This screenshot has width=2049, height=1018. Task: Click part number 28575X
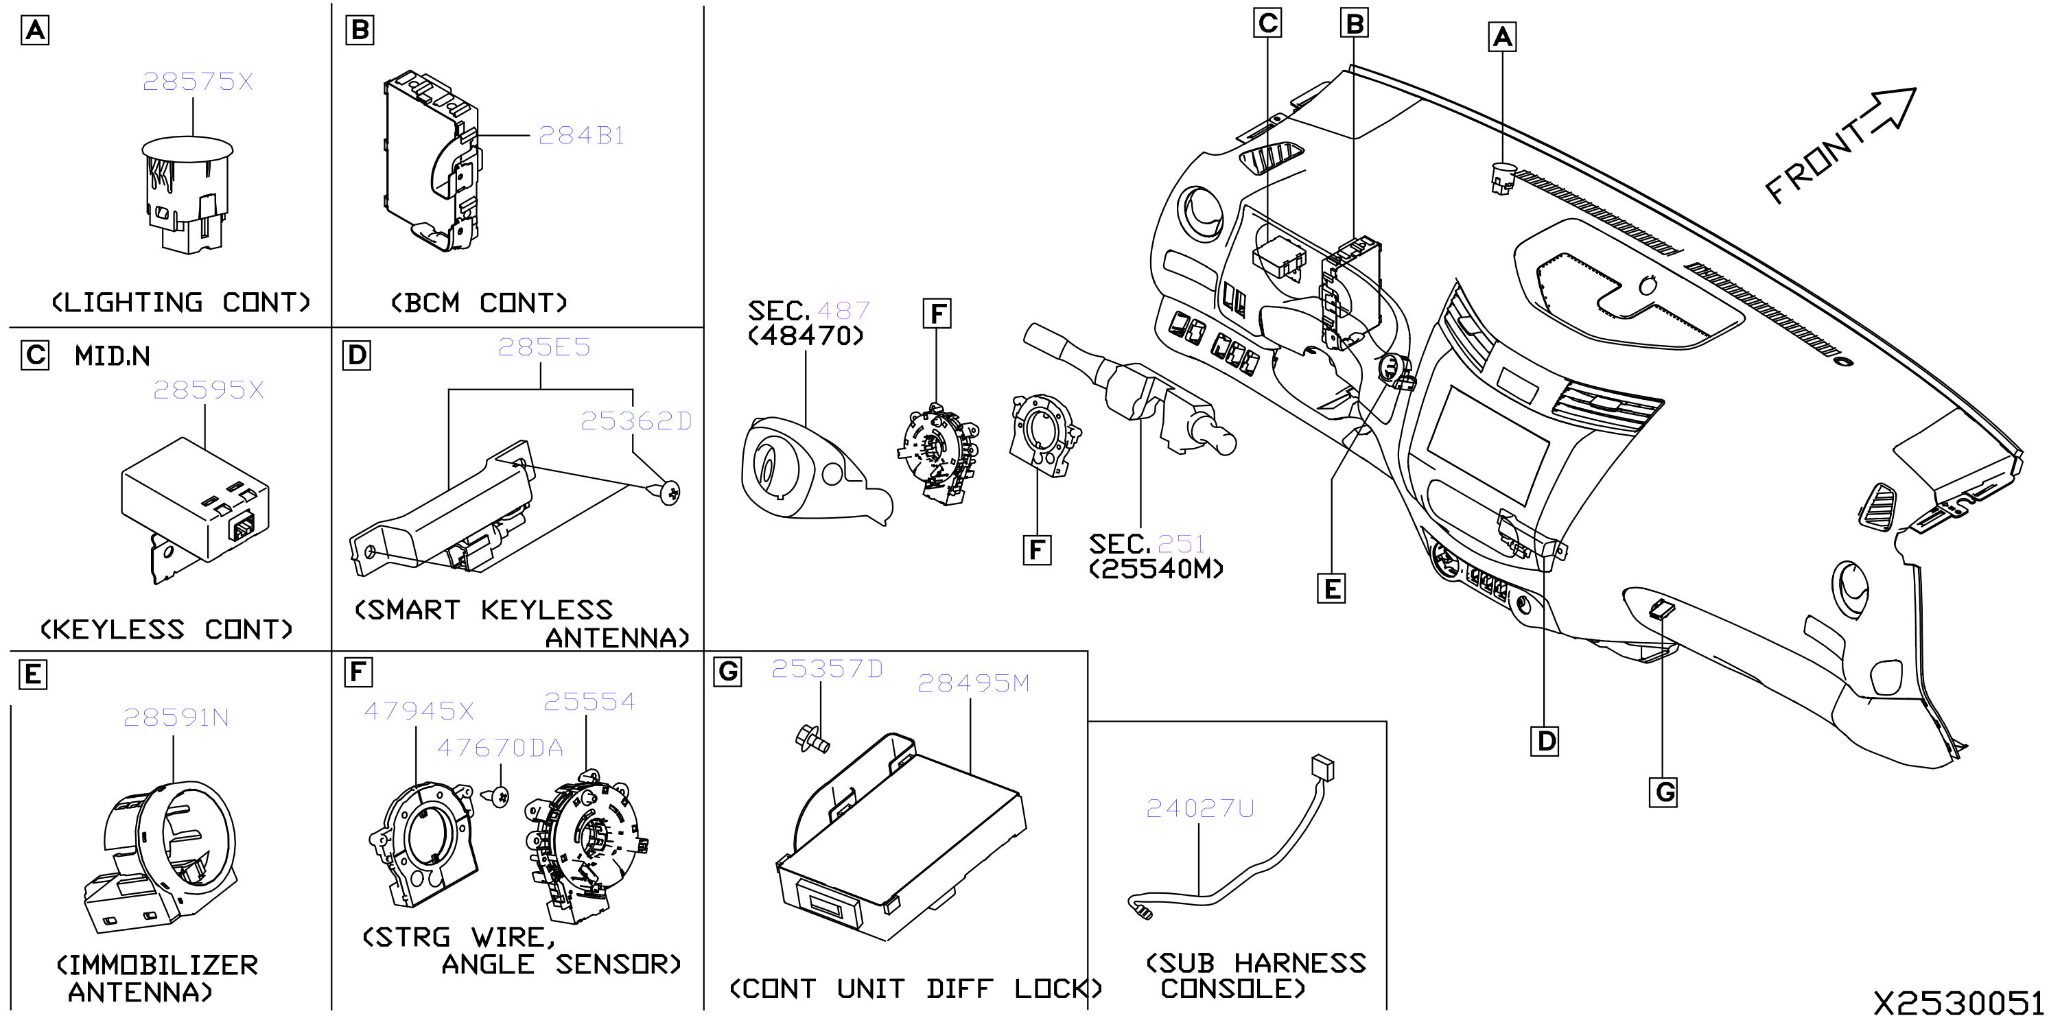(197, 81)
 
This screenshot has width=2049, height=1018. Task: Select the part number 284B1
(581, 136)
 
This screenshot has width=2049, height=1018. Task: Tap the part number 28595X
(208, 390)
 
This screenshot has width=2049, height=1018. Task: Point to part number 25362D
(635, 421)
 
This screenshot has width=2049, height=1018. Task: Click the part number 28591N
(176, 718)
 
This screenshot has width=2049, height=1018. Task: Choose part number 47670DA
(500, 748)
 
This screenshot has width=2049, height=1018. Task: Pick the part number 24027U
(1199, 809)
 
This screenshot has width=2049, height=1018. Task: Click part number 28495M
(973, 683)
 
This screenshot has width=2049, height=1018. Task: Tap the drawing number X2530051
(1958, 1003)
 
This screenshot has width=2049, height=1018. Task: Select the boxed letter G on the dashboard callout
(1663, 792)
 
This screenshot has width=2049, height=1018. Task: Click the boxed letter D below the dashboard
(1545, 742)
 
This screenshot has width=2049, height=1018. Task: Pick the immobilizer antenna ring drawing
(161, 855)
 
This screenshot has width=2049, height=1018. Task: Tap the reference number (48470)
(806, 335)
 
